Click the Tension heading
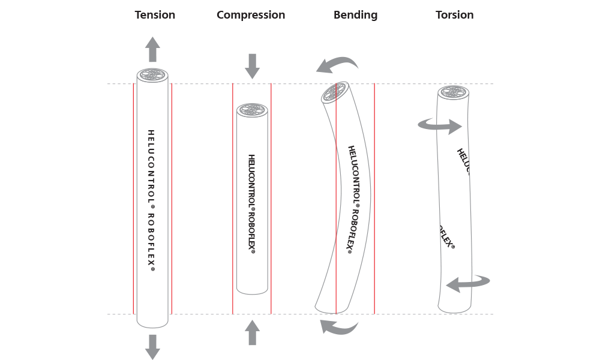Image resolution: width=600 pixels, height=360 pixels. click(155, 14)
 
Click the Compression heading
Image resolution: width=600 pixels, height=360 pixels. click(251, 14)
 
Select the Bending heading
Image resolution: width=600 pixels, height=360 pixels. click(355, 14)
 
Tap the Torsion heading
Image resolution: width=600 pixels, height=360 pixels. click(454, 14)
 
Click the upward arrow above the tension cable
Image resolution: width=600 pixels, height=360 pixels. click(153, 48)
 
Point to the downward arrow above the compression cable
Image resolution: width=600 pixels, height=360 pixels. click(253, 65)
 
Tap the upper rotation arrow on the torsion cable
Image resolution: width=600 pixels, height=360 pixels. click(440, 125)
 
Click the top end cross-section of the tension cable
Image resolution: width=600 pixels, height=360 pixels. click(152, 76)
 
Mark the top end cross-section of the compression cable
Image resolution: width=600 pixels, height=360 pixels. click(252, 110)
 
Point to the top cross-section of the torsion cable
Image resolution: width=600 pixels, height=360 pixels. click(453, 93)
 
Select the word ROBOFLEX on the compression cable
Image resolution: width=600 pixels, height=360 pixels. click(252, 232)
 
